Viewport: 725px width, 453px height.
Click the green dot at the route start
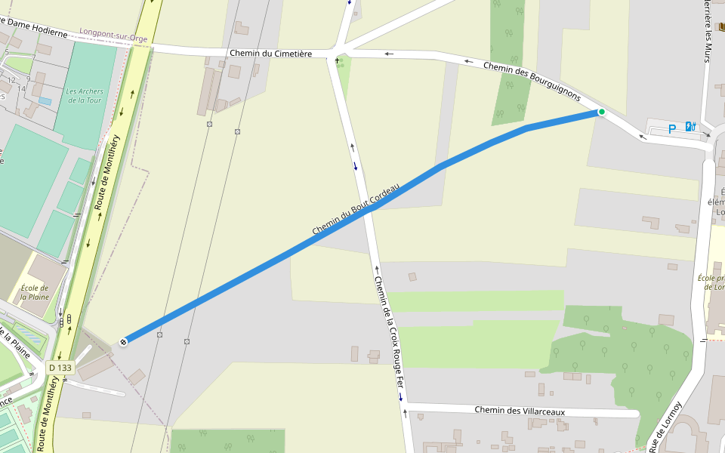[x=602, y=112]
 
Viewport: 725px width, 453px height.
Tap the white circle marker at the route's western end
[x=123, y=341]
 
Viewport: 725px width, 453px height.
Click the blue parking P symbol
[x=671, y=129]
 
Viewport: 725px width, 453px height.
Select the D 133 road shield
[x=60, y=368]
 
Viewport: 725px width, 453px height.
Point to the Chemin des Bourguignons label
[x=532, y=82]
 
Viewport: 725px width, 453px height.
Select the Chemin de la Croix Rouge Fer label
[x=390, y=337]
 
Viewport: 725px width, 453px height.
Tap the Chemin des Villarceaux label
[x=520, y=411]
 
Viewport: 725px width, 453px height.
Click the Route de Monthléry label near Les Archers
[x=106, y=172]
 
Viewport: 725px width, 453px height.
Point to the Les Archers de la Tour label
[x=83, y=96]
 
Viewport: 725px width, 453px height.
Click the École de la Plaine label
[x=35, y=292]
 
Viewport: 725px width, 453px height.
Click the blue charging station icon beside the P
[x=690, y=126]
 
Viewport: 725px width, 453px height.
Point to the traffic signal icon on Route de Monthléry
[x=69, y=320]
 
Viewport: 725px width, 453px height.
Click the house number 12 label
[x=11, y=79]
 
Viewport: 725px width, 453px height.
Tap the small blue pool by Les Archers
[x=45, y=100]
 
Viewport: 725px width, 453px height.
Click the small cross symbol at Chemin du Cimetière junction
[x=337, y=60]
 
